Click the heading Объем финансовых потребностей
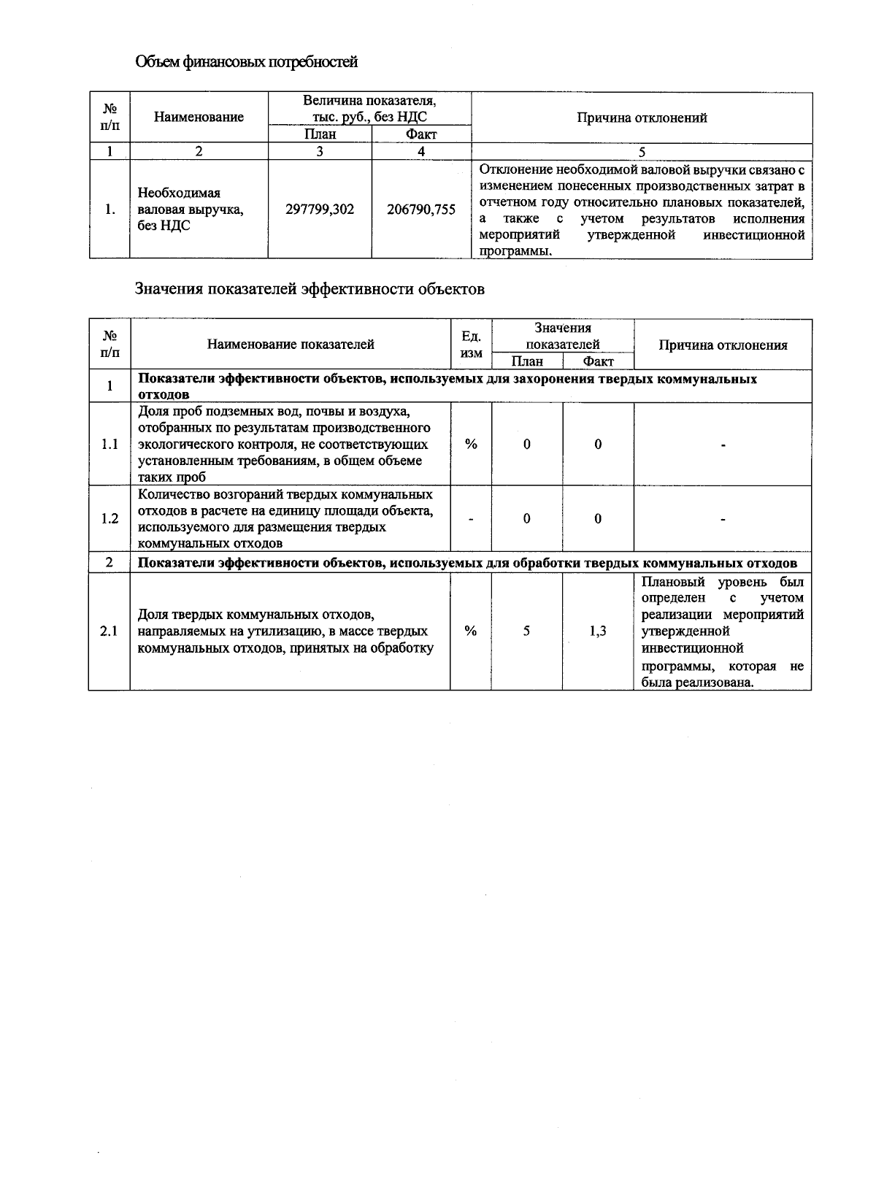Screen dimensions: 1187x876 [x=247, y=62]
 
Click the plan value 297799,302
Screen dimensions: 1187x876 [x=320, y=210]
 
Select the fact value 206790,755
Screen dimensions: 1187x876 [x=421, y=210]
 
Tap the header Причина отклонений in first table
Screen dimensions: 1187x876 [x=642, y=118]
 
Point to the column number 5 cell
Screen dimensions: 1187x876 [x=642, y=152]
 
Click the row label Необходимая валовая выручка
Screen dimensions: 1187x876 [x=191, y=210]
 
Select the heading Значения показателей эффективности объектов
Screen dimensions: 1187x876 [x=310, y=289]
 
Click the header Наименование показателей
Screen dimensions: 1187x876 [x=291, y=345]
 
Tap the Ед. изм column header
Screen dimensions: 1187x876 [x=472, y=345]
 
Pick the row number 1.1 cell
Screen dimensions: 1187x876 [x=109, y=444]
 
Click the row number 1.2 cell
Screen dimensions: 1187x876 [x=109, y=518]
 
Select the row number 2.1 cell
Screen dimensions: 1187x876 [x=109, y=631]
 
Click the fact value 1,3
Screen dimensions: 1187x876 [x=598, y=631]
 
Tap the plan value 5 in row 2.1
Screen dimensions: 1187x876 [x=526, y=631]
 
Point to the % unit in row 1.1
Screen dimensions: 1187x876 [x=472, y=444]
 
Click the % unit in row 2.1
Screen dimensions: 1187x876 [x=472, y=631]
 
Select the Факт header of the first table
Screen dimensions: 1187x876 [x=421, y=134]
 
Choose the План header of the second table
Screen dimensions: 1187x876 [x=527, y=361]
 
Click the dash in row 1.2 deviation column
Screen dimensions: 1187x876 [x=723, y=518]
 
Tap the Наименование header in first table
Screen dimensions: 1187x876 [x=199, y=117]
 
